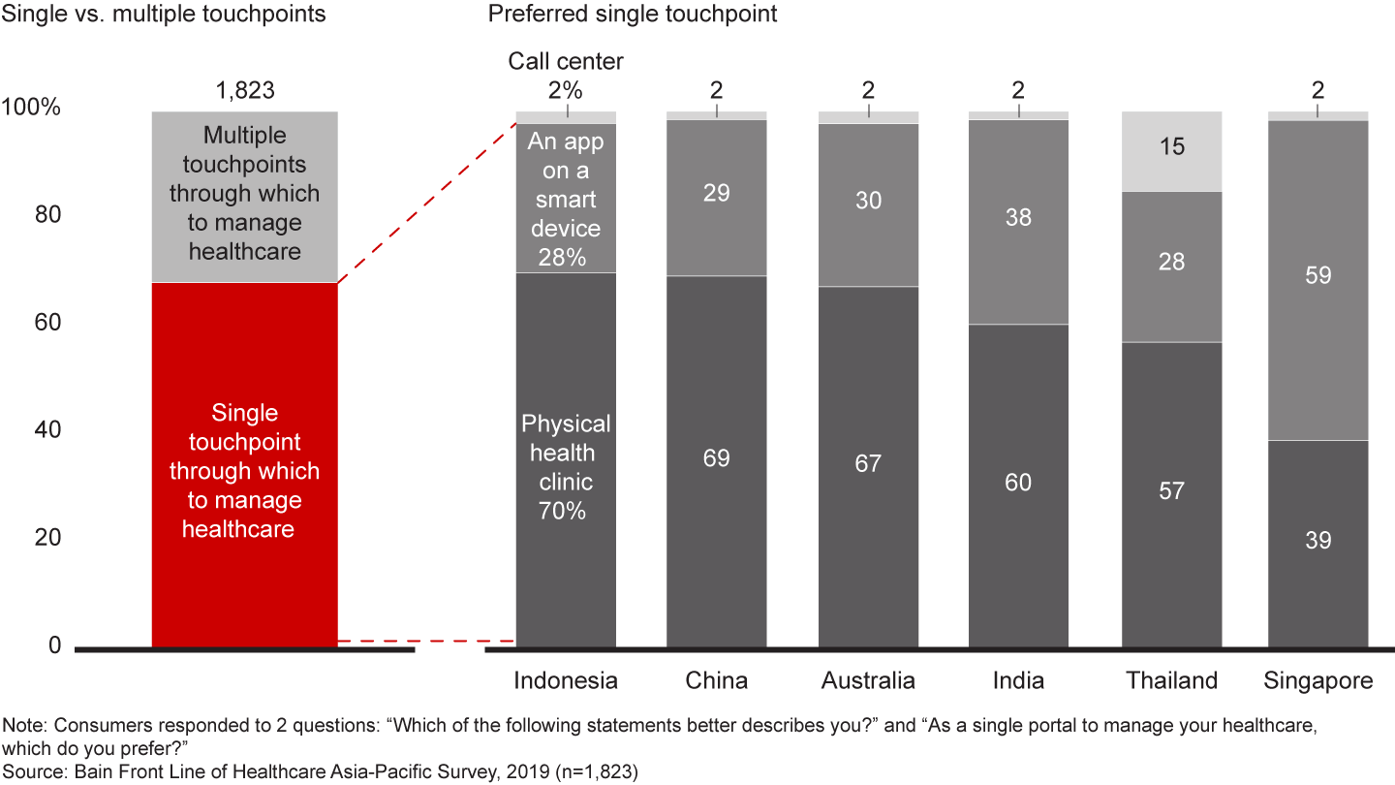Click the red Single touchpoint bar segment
(244, 465)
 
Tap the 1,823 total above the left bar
(244, 91)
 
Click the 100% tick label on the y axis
(32, 108)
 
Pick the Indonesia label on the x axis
(566, 680)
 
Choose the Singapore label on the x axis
(1317, 680)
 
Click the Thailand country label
(1171, 680)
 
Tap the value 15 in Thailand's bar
(1171, 148)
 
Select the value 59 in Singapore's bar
(1317, 276)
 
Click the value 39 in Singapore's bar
(1317, 541)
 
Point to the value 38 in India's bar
(1018, 218)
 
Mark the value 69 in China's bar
(717, 458)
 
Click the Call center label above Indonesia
(566, 62)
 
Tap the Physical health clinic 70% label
(566, 467)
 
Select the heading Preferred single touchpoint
(633, 15)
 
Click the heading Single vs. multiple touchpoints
(165, 15)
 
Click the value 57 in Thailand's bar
(1171, 491)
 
